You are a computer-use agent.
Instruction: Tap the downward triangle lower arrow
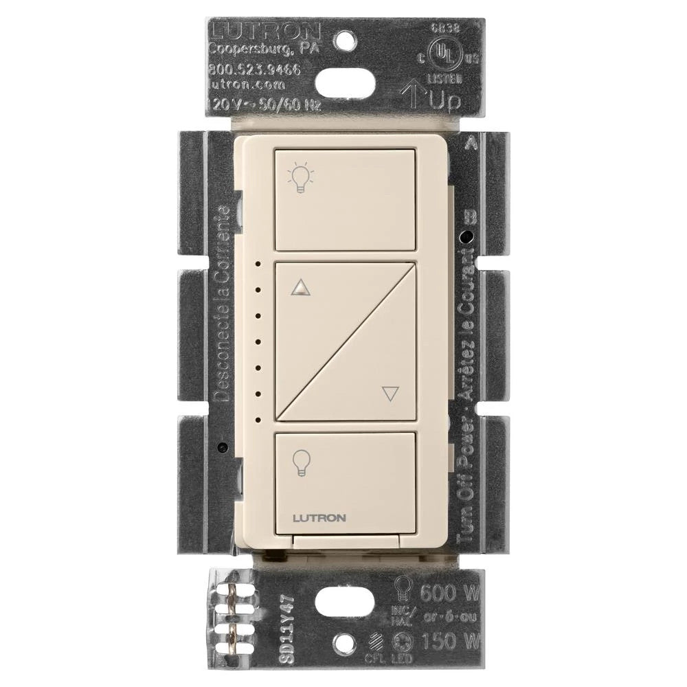390,394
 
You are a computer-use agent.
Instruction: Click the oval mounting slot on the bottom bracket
343,608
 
